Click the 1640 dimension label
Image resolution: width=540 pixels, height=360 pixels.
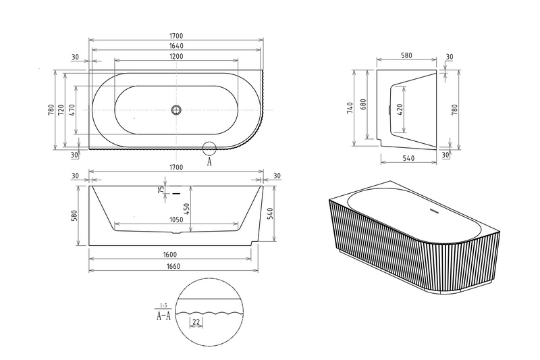click(x=176, y=46)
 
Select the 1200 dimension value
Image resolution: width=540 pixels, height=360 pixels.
click(x=176, y=56)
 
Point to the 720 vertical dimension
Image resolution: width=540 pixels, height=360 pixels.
click(x=61, y=110)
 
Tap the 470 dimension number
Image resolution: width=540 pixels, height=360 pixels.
click(x=72, y=110)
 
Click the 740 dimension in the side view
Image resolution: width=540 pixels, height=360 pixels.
click(x=350, y=108)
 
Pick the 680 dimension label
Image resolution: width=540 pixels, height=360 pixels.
click(x=363, y=105)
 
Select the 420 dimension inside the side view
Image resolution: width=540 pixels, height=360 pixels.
click(x=400, y=109)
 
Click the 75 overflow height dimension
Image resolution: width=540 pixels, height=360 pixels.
click(x=161, y=190)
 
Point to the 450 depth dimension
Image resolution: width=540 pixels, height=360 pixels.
click(x=186, y=209)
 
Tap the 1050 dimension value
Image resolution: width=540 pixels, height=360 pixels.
click(x=176, y=220)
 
